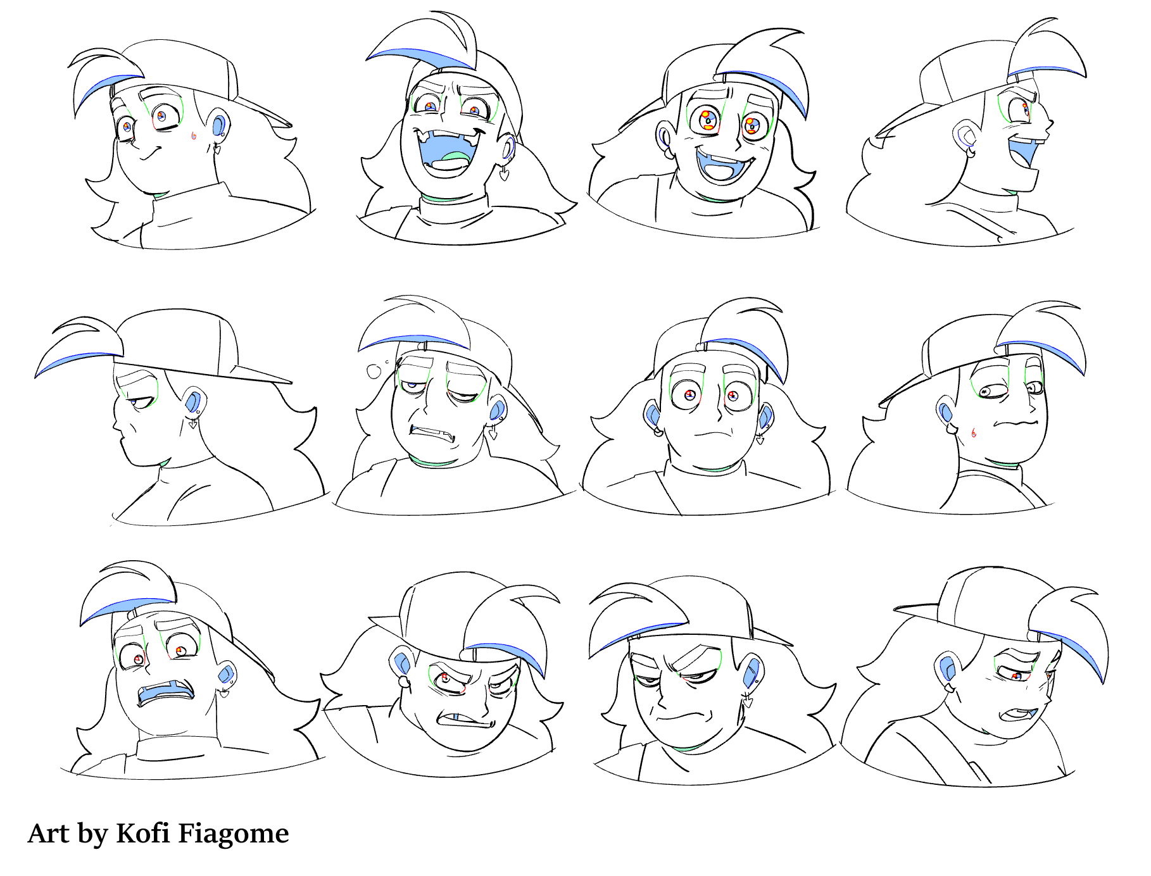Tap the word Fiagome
[x=233, y=834]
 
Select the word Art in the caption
[x=48, y=833]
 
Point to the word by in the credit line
[x=92, y=834]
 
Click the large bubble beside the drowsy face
[x=374, y=371]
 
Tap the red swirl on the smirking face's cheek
[x=194, y=135]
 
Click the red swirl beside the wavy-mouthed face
[x=973, y=433]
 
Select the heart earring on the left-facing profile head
[x=192, y=423]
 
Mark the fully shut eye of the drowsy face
[x=463, y=397]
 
